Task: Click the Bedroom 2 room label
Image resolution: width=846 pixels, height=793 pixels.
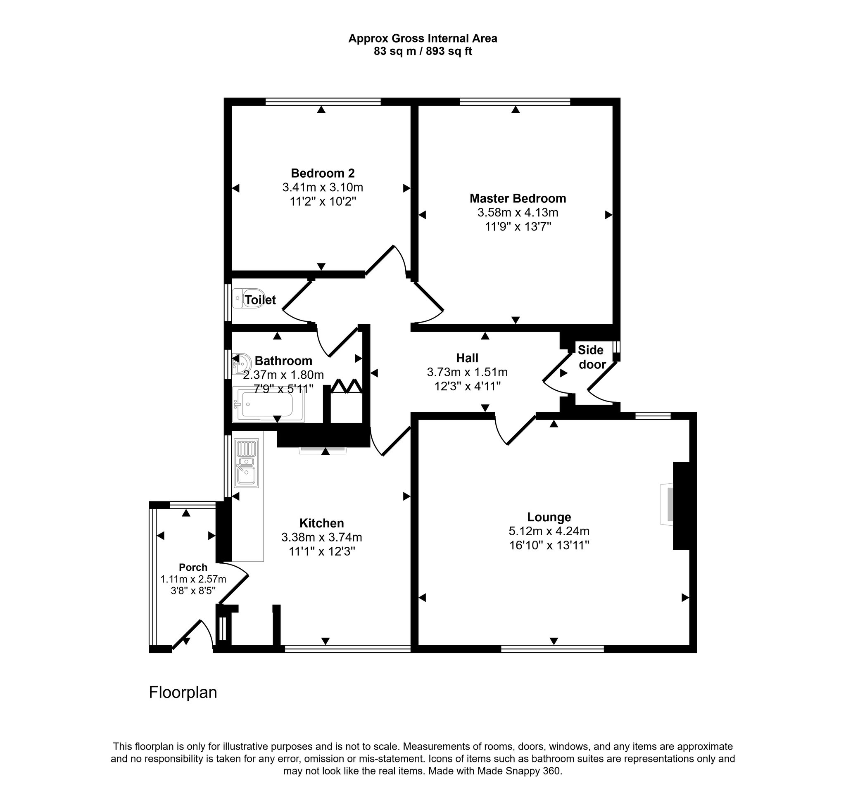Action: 322,173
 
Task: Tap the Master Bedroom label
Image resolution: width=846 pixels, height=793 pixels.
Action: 518,198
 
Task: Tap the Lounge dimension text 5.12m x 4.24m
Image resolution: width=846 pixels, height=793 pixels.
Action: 549,531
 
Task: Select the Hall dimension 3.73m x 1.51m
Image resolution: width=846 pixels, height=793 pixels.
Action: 467,372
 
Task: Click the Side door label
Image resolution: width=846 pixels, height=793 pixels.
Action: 591,357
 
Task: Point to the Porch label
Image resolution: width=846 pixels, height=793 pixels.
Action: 193,567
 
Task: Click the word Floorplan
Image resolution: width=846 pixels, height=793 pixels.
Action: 183,693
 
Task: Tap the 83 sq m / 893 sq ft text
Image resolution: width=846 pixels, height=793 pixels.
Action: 423,52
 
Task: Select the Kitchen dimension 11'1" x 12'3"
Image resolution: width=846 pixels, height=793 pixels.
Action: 322,551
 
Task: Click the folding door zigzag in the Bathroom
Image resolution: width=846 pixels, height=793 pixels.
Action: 347,386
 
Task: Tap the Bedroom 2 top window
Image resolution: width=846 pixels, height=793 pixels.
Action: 323,101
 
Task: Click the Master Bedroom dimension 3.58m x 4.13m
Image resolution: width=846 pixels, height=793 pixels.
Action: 518,212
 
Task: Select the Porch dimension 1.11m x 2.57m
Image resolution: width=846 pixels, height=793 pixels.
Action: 193,579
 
